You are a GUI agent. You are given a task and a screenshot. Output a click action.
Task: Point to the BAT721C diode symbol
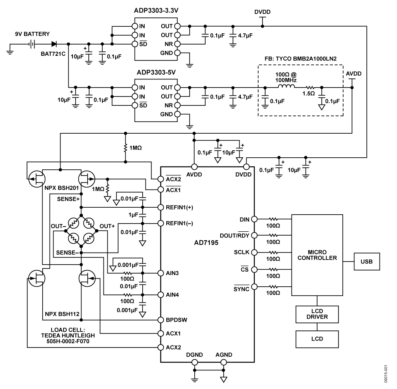click(x=54, y=44)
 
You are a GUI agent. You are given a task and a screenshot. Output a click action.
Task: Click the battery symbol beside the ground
click(x=33, y=44)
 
